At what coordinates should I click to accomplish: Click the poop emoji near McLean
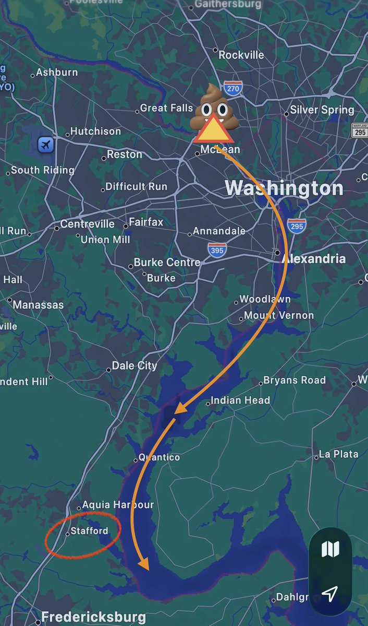tap(214, 107)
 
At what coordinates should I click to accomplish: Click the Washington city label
tap(284, 188)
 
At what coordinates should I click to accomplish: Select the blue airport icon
tap(45, 145)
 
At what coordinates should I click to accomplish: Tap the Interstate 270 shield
tap(232, 88)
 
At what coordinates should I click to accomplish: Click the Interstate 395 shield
tap(217, 250)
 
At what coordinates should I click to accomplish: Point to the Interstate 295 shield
tap(296, 226)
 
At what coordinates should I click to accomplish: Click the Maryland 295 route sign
tap(360, 130)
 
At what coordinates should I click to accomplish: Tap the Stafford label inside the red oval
tap(90, 531)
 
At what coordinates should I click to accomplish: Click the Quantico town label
tap(159, 457)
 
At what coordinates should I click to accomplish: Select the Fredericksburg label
tap(93, 617)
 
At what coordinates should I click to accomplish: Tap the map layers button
tap(330, 549)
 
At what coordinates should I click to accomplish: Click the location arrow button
tap(329, 593)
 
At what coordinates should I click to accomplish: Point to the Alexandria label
tap(313, 258)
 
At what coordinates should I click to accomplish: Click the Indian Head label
tap(240, 400)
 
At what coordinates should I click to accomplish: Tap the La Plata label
tap(339, 454)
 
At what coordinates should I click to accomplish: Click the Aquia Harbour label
tap(118, 505)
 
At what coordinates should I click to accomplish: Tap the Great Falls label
tap(167, 108)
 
